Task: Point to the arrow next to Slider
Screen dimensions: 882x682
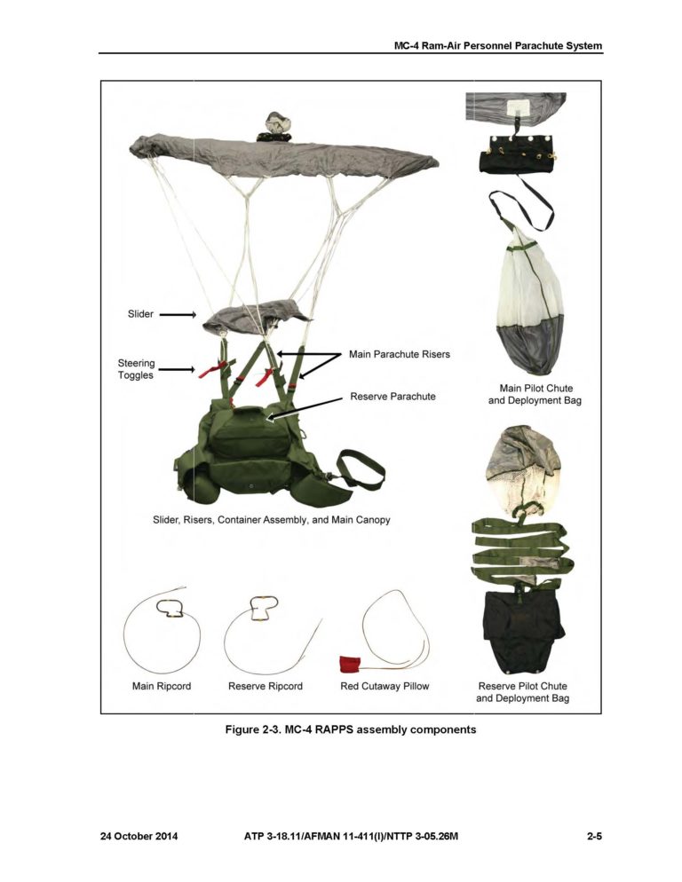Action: (x=178, y=314)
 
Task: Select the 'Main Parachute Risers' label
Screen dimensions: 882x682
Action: (x=399, y=354)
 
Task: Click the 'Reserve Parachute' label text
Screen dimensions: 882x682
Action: (x=393, y=396)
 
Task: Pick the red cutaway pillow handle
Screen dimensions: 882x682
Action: (x=349, y=663)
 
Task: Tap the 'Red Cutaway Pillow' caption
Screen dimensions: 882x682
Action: (x=385, y=686)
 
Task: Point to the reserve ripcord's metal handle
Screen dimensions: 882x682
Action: (x=264, y=608)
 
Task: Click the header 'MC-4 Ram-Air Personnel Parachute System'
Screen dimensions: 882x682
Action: (x=498, y=45)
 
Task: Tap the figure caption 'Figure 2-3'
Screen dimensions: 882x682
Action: (x=351, y=729)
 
